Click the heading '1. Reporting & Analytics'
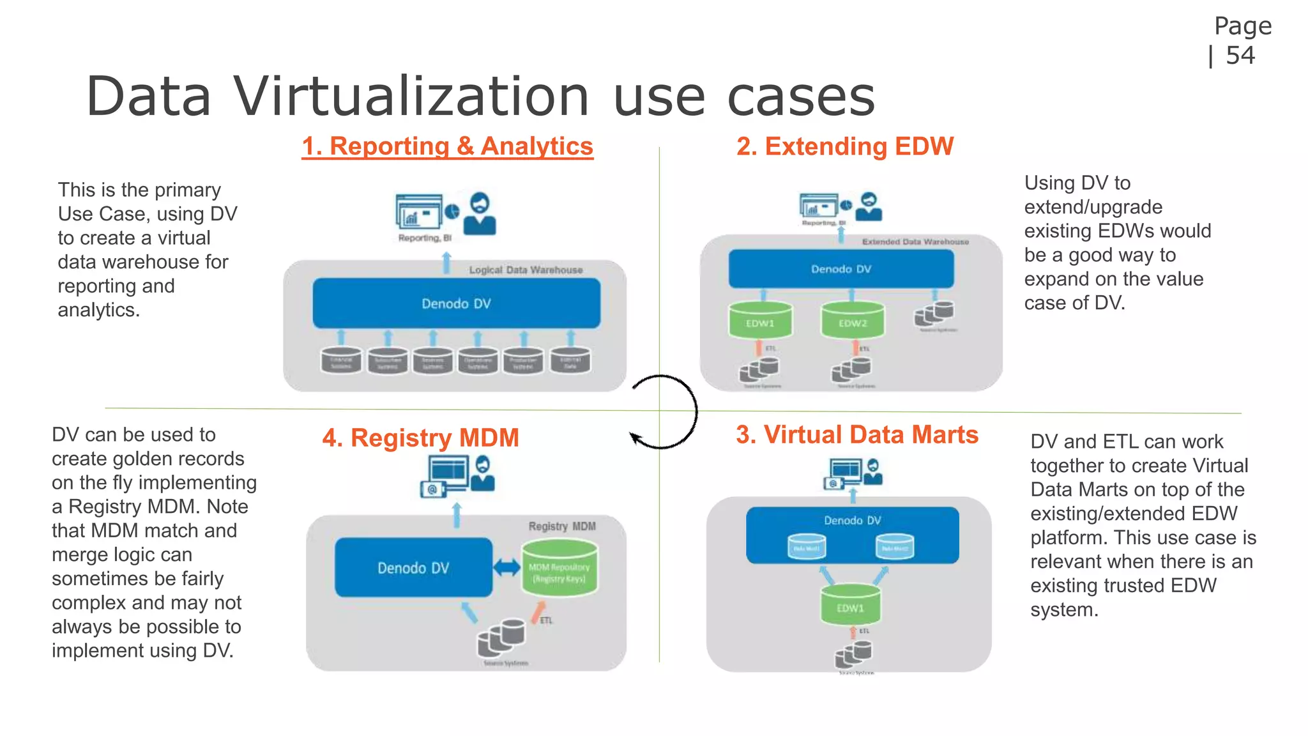point(447,146)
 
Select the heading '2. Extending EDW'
point(844,146)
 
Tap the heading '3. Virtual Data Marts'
point(856,434)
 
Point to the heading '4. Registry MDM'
point(420,438)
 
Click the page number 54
point(1240,56)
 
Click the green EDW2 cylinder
point(853,319)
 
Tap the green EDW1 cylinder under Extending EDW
point(760,319)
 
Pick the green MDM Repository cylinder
point(559,568)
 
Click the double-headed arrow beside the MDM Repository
point(507,567)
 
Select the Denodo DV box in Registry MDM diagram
point(413,568)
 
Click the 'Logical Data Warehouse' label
point(526,270)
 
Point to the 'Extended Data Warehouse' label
point(915,242)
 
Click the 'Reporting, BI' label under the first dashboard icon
point(425,238)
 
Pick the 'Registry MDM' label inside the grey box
point(562,526)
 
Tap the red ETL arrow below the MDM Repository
point(538,612)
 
